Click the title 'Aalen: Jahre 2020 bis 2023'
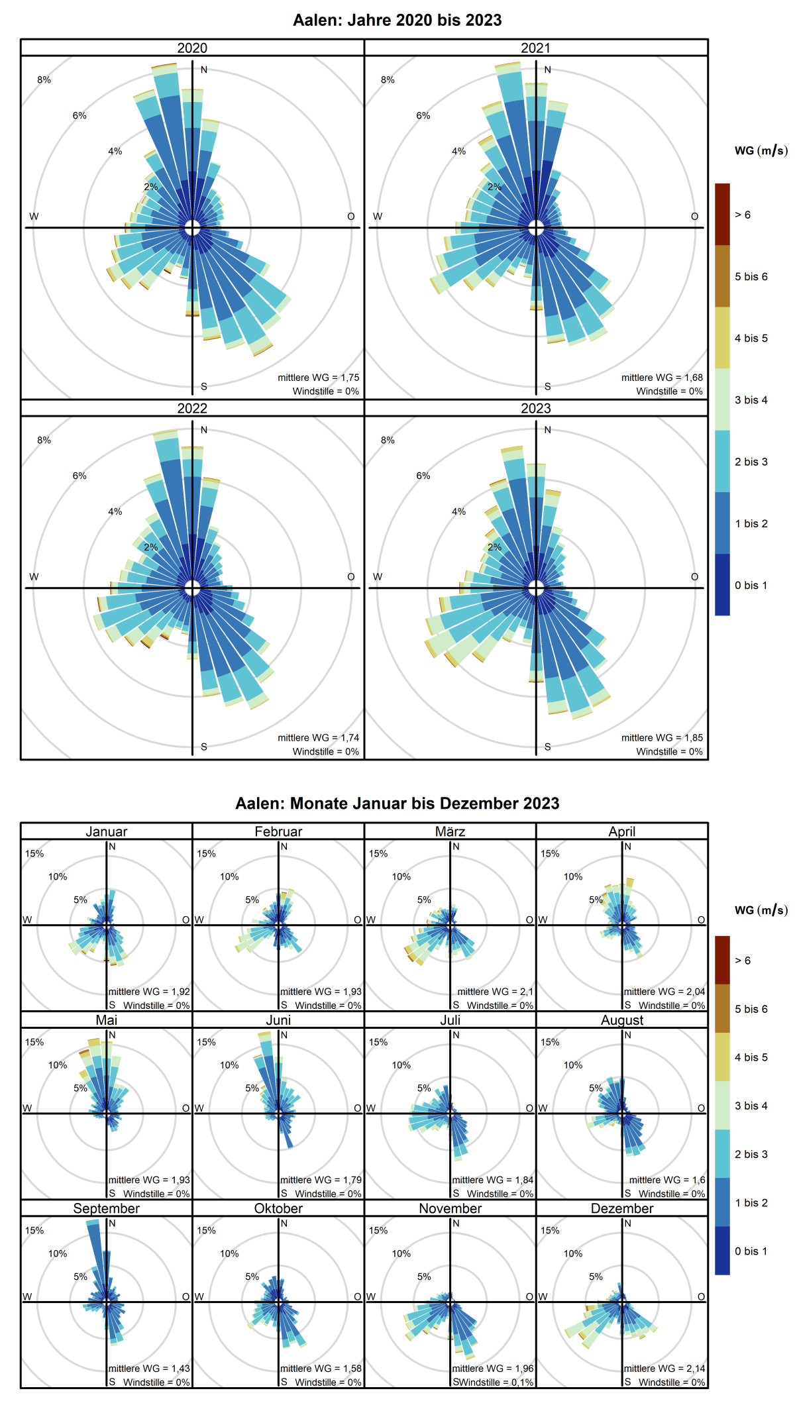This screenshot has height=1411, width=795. [397, 20]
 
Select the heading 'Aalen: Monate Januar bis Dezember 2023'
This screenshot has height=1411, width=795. [397, 804]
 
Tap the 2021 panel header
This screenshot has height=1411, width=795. [535, 48]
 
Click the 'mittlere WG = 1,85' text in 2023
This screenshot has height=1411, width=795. [662, 737]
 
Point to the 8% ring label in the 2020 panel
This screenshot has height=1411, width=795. [44, 80]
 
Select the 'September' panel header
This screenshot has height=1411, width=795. [106, 1208]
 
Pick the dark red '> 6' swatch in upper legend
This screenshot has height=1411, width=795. [722, 215]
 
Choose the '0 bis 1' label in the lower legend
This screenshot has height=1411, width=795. [751, 1251]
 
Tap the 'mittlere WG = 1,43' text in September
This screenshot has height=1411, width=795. [149, 1368]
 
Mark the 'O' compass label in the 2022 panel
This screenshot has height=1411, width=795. [351, 577]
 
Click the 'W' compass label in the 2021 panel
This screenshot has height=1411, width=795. [378, 217]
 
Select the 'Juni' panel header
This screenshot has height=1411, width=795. [278, 1020]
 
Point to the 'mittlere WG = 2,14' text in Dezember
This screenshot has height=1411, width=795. [664, 1368]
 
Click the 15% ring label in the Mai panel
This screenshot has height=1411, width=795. [34, 1042]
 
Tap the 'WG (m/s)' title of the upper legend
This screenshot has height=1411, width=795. [761, 151]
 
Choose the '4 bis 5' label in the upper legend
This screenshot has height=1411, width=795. [751, 338]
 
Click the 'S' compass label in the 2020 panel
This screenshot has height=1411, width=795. [204, 386]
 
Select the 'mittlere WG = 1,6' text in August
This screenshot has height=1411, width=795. [667, 1180]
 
